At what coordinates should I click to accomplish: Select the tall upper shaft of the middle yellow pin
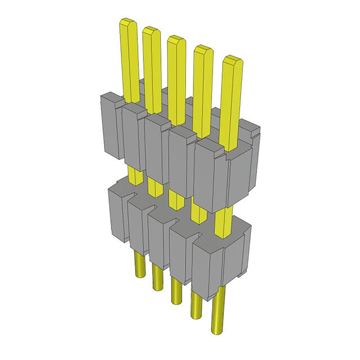[176, 79]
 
